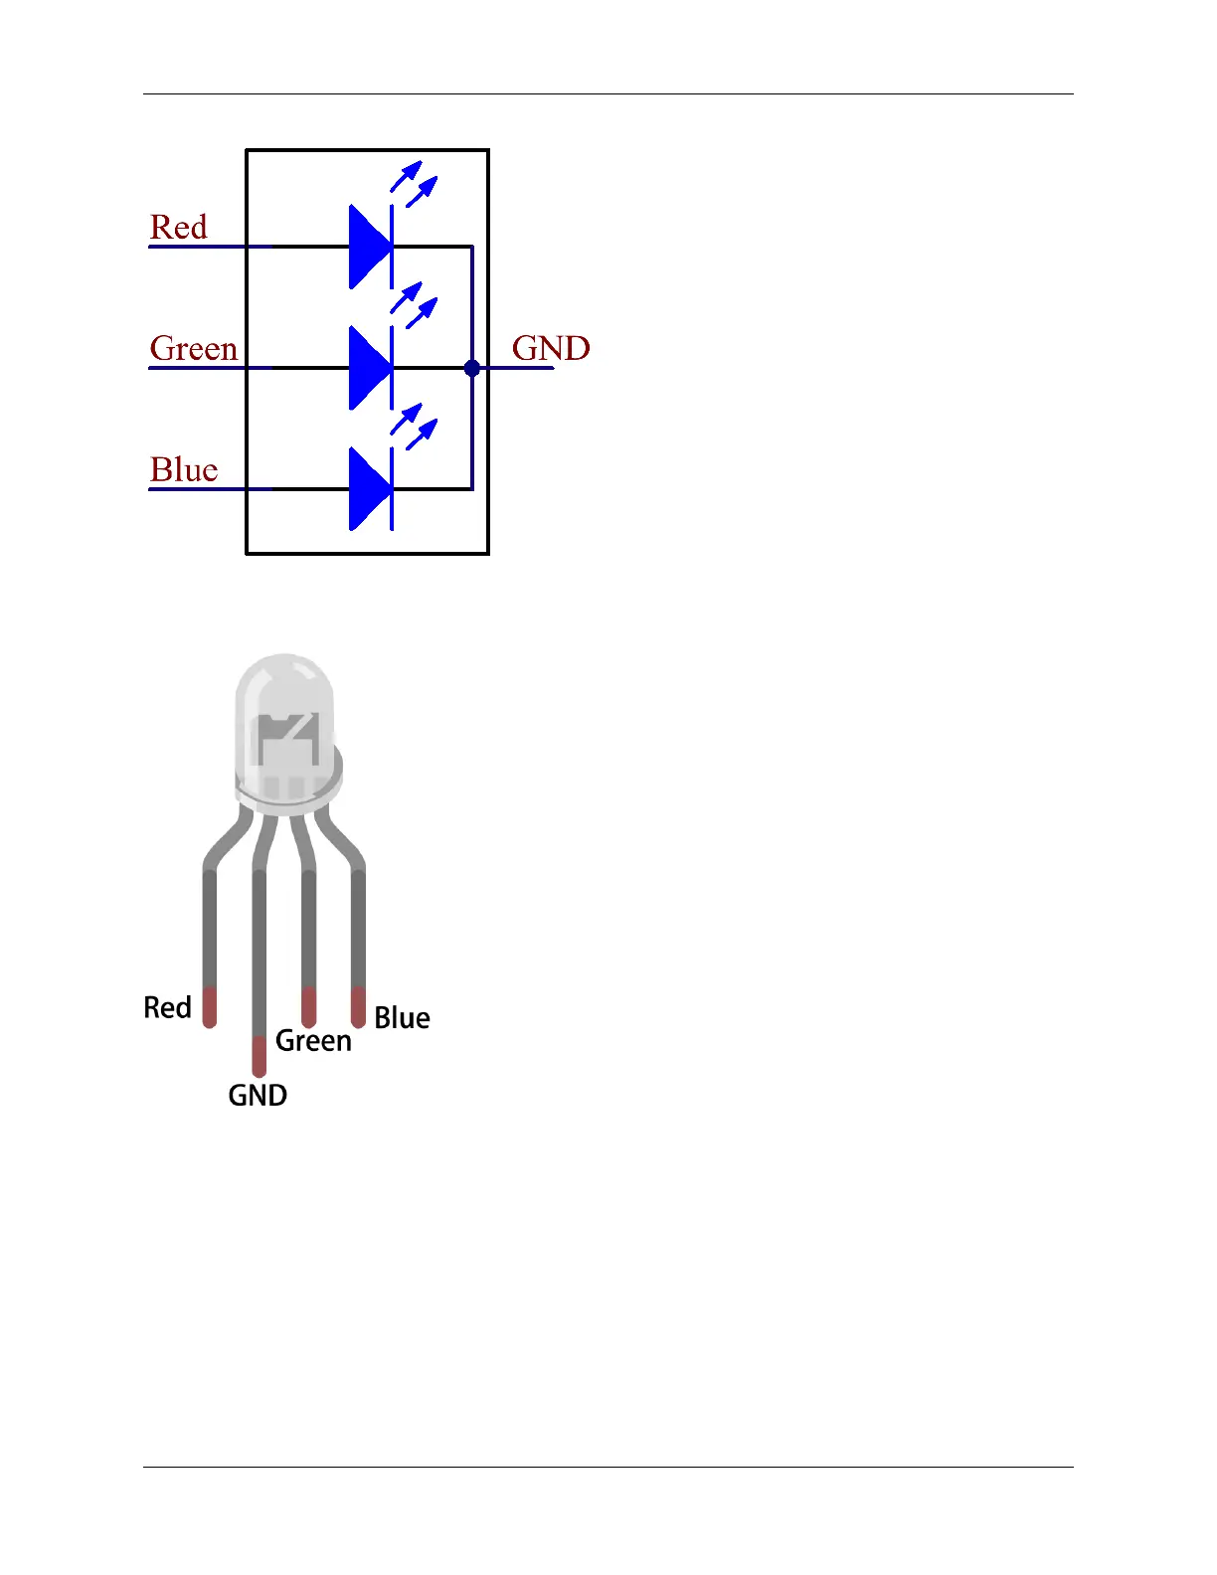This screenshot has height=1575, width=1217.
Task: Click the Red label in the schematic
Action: pos(179,227)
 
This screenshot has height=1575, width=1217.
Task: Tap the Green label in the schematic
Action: pos(194,348)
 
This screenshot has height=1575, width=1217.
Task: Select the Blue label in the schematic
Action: pos(184,469)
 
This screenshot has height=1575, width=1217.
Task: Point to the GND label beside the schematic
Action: pos(551,348)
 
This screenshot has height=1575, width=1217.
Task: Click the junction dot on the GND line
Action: pos(472,368)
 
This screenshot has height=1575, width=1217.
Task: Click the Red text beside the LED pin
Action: pos(167,1007)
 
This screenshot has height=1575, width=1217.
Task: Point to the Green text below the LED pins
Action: pos(313,1040)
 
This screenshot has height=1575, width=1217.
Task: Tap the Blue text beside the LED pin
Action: pos(402,1017)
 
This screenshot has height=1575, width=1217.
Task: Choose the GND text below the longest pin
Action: pos(258,1095)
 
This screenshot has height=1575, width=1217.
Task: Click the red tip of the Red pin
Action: pos(210,1007)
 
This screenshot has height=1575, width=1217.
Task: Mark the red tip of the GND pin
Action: pos(260,1056)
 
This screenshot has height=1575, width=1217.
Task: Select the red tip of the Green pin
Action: pos(309,1006)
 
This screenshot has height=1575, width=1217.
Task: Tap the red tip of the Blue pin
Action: pos(358,1006)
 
